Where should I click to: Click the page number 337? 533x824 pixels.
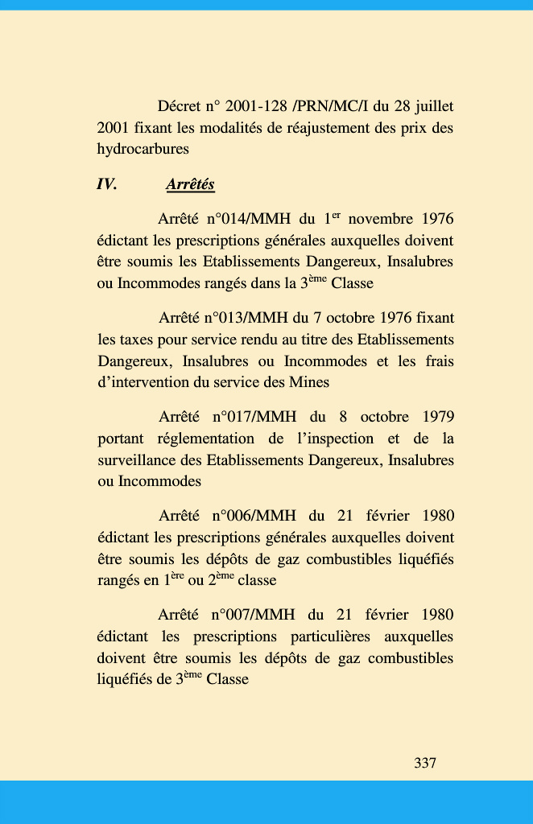[x=425, y=763]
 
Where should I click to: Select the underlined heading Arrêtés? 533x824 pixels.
[x=190, y=185]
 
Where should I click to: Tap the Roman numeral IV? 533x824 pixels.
[x=106, y=185]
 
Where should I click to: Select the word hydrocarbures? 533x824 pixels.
[x=143, y=149]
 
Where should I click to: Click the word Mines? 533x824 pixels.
[x=310, y=382]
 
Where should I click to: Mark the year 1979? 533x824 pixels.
[x=435, y=417]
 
